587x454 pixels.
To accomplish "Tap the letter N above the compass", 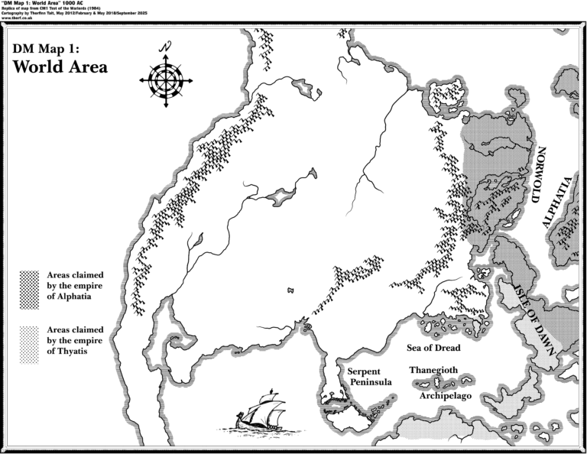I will click(166, 47).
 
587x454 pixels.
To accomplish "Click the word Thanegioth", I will click(433, 370).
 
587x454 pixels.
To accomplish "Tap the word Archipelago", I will click(446, 397).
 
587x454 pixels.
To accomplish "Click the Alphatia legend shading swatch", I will click(30, 289).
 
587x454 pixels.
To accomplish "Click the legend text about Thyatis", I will click(75, 340).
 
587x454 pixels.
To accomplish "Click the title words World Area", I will click(60, 66).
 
